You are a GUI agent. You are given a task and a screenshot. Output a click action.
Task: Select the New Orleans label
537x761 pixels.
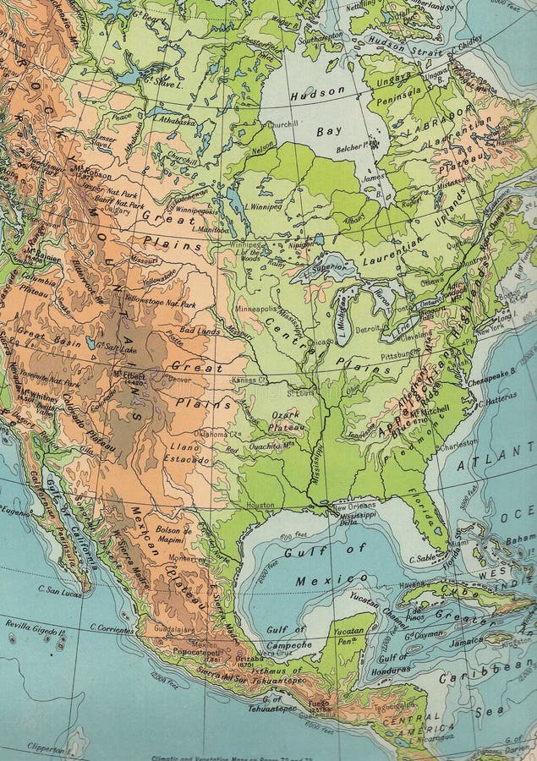coord(354,506)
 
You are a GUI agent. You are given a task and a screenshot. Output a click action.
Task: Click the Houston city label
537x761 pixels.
coord(260,505)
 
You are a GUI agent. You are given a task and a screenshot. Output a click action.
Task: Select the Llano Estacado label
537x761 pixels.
coord(189,453)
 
